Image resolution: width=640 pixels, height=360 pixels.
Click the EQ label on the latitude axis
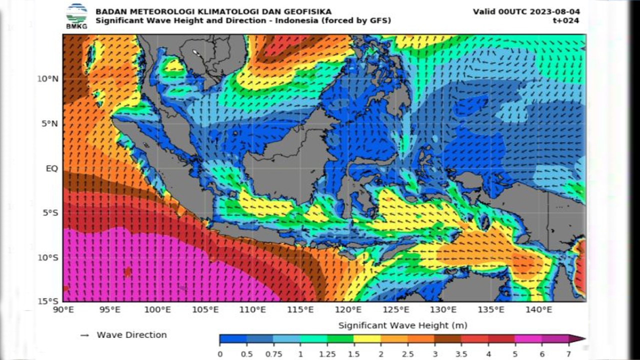pyautogui.click(x=51, y=168)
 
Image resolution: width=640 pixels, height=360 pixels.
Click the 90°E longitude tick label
pyautogui.click(x=63, y=310)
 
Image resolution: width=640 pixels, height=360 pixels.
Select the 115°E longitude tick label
pyautogui.click(x=301, y=310)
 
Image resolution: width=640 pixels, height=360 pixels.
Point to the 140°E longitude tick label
pyautogui.click(x=539, y=310)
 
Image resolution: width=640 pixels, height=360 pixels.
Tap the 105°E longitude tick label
pyautogui.click(x=205, y=310)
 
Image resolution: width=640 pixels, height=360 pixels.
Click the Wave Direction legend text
pyautogui.click(x=131, y=335)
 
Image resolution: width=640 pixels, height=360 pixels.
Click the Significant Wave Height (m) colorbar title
pyautogui.click(x=402, y=325)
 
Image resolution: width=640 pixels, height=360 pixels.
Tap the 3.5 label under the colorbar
pyautogui.click(x=461, y=354)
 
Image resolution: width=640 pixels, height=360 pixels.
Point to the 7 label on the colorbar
pyautogui.click(x=568, y=354)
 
